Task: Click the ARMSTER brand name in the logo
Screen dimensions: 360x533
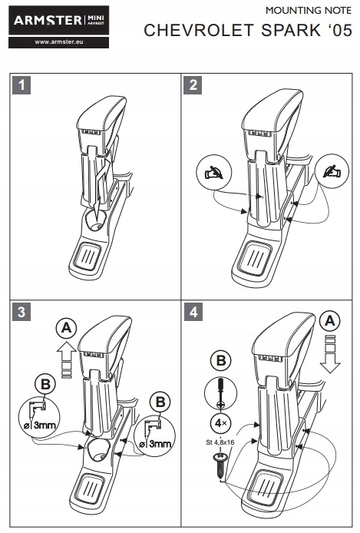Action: [48, 21]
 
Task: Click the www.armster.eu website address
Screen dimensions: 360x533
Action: [59, 42]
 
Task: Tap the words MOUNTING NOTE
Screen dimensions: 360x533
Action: [309, 11]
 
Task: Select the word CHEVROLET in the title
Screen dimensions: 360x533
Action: [199, 30]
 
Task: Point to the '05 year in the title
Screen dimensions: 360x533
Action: [340, 30]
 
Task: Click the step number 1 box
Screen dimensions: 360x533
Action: [21, 85]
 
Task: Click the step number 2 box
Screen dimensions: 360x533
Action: [193, 85]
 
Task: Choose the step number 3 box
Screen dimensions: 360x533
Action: [21, 312]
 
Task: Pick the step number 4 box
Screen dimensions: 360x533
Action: [193, 312]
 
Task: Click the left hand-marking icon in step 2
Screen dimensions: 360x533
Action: [214, 172]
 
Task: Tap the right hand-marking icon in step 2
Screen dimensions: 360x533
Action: [332, 171]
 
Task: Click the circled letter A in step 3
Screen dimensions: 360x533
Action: [67, 328]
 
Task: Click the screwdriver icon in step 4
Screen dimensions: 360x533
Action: [220, 393]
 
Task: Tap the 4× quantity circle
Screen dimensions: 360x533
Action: [221, 423]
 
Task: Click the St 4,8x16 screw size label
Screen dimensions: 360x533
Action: [220, 442]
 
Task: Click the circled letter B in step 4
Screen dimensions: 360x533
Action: [221, 361]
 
